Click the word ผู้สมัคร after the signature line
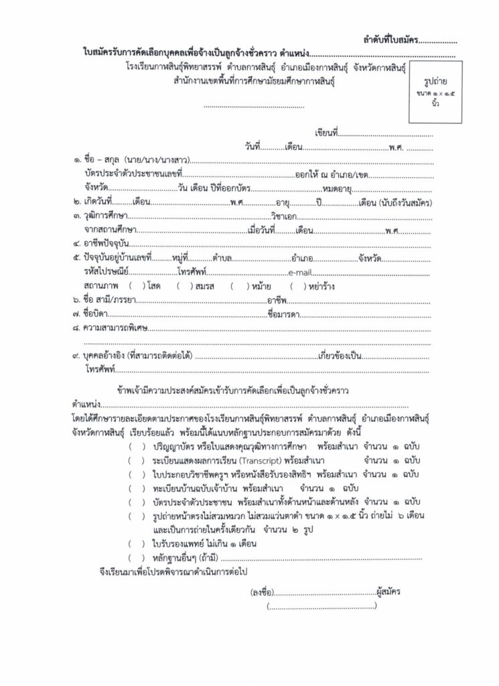(x=388, y=593)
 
